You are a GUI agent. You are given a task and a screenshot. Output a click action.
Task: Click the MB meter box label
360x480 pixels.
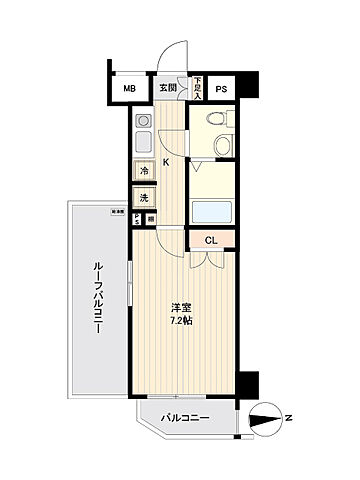128,88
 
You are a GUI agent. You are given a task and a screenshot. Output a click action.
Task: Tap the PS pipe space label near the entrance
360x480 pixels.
220,88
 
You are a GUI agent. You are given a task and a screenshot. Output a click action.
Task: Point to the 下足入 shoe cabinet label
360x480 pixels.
197,87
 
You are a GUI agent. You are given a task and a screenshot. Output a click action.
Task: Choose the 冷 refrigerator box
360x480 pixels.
143,171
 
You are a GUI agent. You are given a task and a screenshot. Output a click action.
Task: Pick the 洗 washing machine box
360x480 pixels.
143,197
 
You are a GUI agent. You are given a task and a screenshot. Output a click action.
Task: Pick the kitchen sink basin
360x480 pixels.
142,141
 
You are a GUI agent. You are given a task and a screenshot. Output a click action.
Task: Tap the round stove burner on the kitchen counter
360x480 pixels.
141,118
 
